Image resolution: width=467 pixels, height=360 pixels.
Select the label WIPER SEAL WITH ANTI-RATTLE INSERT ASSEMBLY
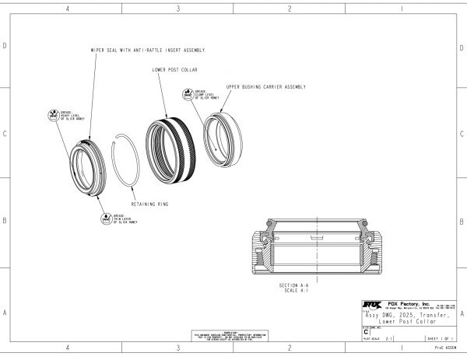pos(147,50)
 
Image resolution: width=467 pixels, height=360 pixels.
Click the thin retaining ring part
pos(125,159)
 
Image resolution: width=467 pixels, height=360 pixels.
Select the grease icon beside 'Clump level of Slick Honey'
pos(188,95)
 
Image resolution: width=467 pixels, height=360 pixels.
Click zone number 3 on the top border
pos(178,9)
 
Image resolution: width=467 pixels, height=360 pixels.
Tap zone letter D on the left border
pos(5,46)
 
